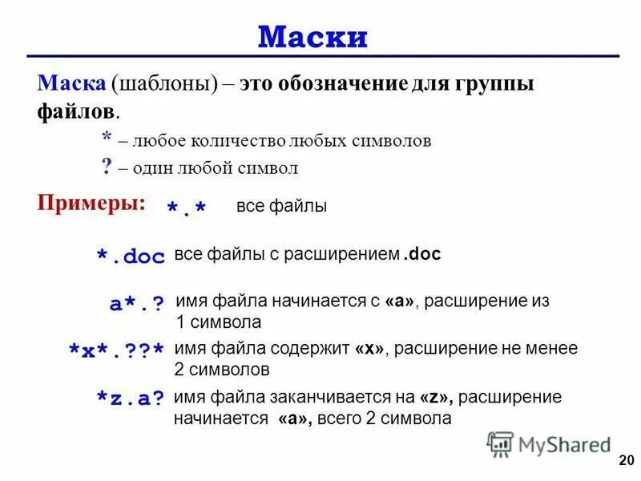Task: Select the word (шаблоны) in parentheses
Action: pos(165,84)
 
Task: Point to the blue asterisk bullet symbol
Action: pos(107,139)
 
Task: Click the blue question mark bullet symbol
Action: pos(106,167)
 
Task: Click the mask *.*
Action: pos(186,208)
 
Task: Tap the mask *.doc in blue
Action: pos(131,257)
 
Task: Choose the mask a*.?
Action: pos(136,304)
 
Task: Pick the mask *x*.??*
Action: pos(117,350)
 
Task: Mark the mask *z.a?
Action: pos(130,398)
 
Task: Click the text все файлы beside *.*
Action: pos(281,206)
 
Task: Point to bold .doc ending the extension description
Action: pos(421,254)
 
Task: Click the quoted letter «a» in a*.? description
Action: pos(399,302)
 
